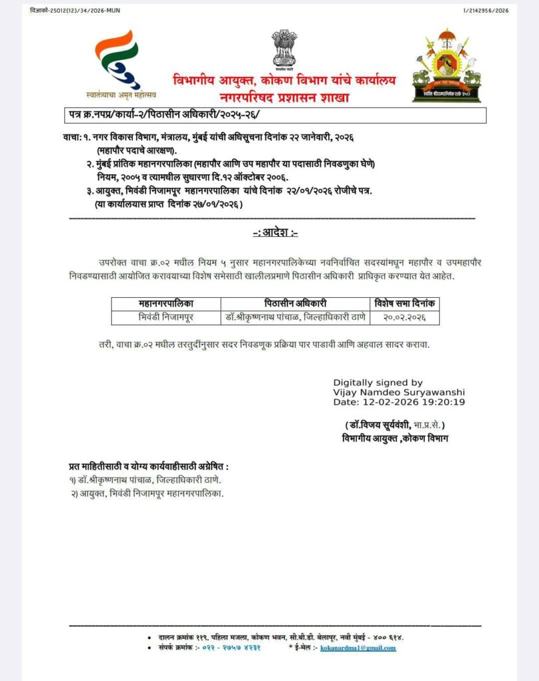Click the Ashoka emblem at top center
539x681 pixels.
coord(284,49)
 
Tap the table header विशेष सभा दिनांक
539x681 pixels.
coord(405,303)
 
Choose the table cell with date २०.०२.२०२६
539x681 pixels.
coord(405,318)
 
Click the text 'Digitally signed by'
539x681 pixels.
coord(377,382)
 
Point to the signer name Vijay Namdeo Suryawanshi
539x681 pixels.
coord(399,392)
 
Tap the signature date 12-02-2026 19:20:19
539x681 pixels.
coord(399,402)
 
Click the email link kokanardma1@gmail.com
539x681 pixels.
coord(358,647)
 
